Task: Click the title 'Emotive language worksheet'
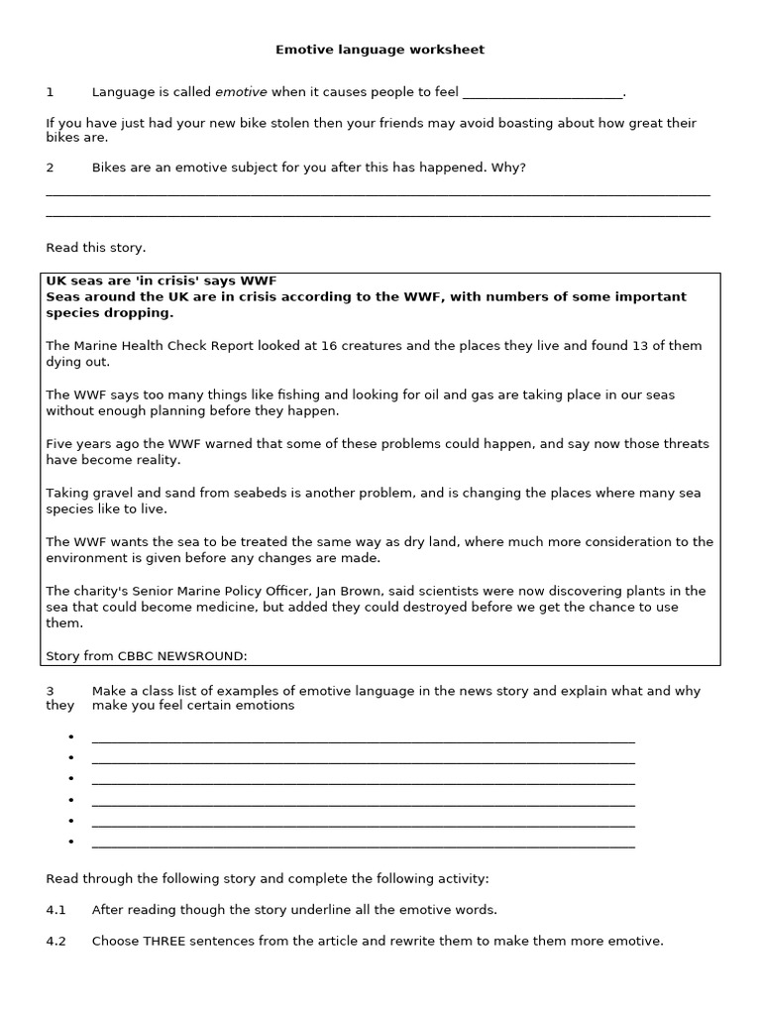pyautogui.click(x=380, y=49)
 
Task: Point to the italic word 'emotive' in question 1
pyautogui.click(x=241, y=92)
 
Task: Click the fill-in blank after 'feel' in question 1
pyautogui.click(x=543, y=93)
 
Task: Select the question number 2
pyautogui.click(x=50, y=168)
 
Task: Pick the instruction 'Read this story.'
pyautogui.click(x=95, y=248)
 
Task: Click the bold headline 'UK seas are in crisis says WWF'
pyautogui.click(x=161, y=282)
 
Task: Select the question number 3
pyautogui.click(x=50, y=691)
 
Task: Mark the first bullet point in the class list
pyautogui.click(x=72, y=737)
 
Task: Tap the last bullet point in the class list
pyautogui.click(x=72, y=843)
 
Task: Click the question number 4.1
pyautogui.click(x=55, y=909)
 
